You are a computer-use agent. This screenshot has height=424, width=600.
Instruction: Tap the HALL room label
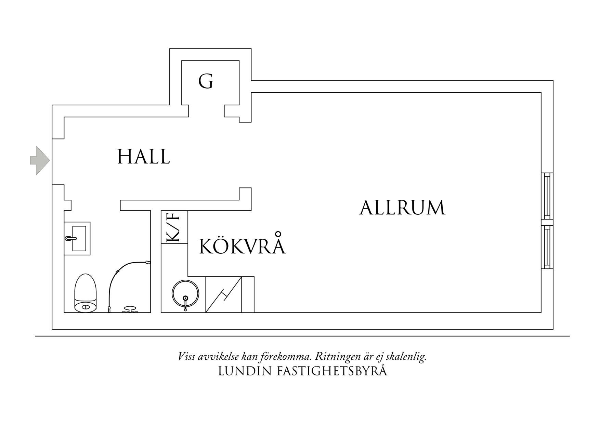(x=144, y=157)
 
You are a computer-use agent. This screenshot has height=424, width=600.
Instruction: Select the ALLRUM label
(x=402, y=208)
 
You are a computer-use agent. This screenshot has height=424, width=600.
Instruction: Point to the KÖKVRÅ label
(x=242, y=246)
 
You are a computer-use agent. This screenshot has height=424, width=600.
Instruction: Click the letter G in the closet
(x=206, y=82)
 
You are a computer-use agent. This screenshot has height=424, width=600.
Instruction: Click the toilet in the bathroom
(x=86, y=293)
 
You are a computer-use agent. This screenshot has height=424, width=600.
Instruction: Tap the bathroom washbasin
(x=77, y=238)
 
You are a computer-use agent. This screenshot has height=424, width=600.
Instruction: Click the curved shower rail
(x=123, y=274)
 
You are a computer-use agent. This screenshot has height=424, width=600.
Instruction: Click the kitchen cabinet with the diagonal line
(x=224, y=294)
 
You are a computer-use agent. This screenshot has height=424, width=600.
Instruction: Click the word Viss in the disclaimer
(x=186, y=357)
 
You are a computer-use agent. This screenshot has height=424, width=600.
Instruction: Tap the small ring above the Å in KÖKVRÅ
(x=278, y=234)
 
